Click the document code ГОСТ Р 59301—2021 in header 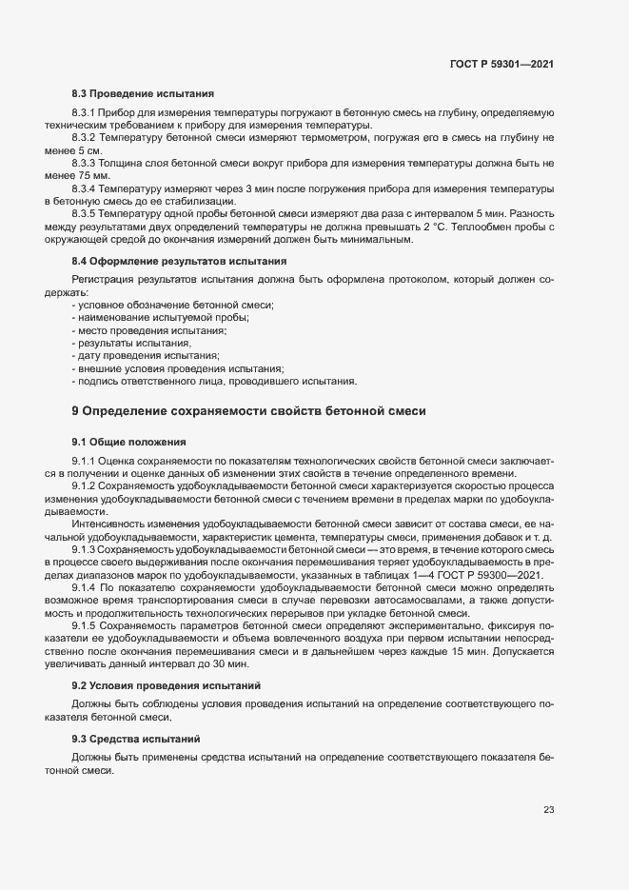pos(501,64)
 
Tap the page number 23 pos(548,810)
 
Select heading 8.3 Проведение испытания pos(143,94)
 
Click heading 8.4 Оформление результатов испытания pos(179,261)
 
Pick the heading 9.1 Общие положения pos(128,443)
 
